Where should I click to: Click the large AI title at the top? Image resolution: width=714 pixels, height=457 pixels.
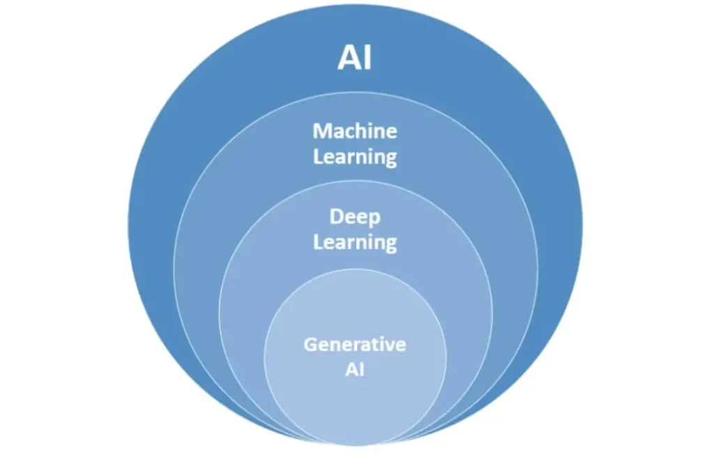point(355,58)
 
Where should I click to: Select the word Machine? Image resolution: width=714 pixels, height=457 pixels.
point(355,130)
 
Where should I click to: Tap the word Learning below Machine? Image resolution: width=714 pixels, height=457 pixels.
point(355,156)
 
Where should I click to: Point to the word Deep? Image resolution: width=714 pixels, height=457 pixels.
point(355,217)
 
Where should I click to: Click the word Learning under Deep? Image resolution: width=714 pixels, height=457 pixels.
point(355,242)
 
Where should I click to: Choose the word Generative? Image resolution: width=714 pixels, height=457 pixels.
point(355,344)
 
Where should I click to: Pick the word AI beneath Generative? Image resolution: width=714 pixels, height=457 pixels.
point(355,369)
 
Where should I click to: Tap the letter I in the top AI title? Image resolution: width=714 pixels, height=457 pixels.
point(367,58)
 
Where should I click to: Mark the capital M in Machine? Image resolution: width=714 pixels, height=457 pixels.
point(321,131)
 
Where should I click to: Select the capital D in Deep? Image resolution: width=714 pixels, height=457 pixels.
point(335,217)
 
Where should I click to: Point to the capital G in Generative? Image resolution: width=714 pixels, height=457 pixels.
point(310,344)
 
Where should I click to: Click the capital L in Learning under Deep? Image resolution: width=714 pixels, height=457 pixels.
point(318,242)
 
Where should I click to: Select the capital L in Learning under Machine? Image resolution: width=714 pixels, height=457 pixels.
point(318,156)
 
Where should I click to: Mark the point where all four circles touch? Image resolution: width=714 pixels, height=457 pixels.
point(355,443)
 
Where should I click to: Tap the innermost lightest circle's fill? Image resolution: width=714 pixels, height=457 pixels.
point(355,404)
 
